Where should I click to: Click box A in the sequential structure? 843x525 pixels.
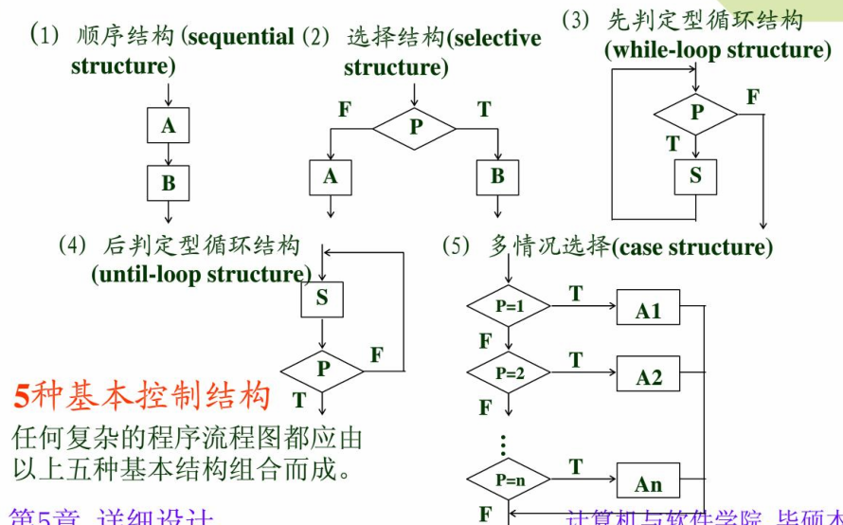click(168, 125)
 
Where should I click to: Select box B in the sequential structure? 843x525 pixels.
click(168, 182)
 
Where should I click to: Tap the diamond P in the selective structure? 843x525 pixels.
click(414, 126)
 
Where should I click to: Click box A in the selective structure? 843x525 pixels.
click(330, 176)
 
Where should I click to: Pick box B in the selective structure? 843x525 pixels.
click(497, 176)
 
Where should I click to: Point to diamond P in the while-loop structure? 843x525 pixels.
click(696, 113)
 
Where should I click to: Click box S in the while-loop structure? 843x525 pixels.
click(695, 175)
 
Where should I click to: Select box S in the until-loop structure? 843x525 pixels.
click(322, 299)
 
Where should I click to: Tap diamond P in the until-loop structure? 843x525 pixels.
click(323, 370)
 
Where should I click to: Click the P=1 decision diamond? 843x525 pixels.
click(509, 306)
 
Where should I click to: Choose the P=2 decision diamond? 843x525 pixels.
click(509, 373)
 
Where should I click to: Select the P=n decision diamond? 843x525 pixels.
click(509, 480)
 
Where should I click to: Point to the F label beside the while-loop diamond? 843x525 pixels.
click(752, 97)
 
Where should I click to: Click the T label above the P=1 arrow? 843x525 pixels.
click(575, 294)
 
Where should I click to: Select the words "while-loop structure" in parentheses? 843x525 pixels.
click(718, 49)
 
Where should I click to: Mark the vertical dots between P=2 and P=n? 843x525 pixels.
click(504, 444)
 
